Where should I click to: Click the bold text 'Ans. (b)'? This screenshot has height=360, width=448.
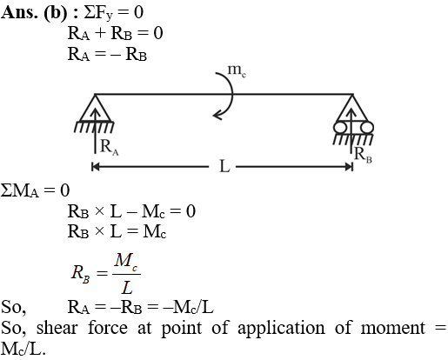[34, 13]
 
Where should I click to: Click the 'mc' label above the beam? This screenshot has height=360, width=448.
[237, 70]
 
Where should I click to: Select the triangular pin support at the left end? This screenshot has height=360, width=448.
[95, 108]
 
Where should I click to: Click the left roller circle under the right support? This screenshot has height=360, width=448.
[339, 128]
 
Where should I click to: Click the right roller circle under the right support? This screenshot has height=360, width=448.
[367, 128]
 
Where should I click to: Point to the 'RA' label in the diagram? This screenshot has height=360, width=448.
[110, 147]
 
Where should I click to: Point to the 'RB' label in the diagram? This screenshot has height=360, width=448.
[363, 155]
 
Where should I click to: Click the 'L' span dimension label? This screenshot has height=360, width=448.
[224, 167]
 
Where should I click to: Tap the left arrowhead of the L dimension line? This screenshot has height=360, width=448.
[95, 167]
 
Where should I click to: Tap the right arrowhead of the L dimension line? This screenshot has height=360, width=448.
[349, 167]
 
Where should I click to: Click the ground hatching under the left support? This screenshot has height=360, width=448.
[94, 127]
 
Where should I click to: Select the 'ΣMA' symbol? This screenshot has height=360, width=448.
[20, 191]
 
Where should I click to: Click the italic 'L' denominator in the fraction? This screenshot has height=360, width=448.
[127, 288]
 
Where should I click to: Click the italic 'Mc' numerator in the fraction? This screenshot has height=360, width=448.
[125, 261]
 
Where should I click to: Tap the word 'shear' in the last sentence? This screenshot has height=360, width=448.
[57, 328]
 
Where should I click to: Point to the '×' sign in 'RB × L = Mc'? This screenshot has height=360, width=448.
[99, 231]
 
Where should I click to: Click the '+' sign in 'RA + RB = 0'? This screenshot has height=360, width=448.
[100, 33]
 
